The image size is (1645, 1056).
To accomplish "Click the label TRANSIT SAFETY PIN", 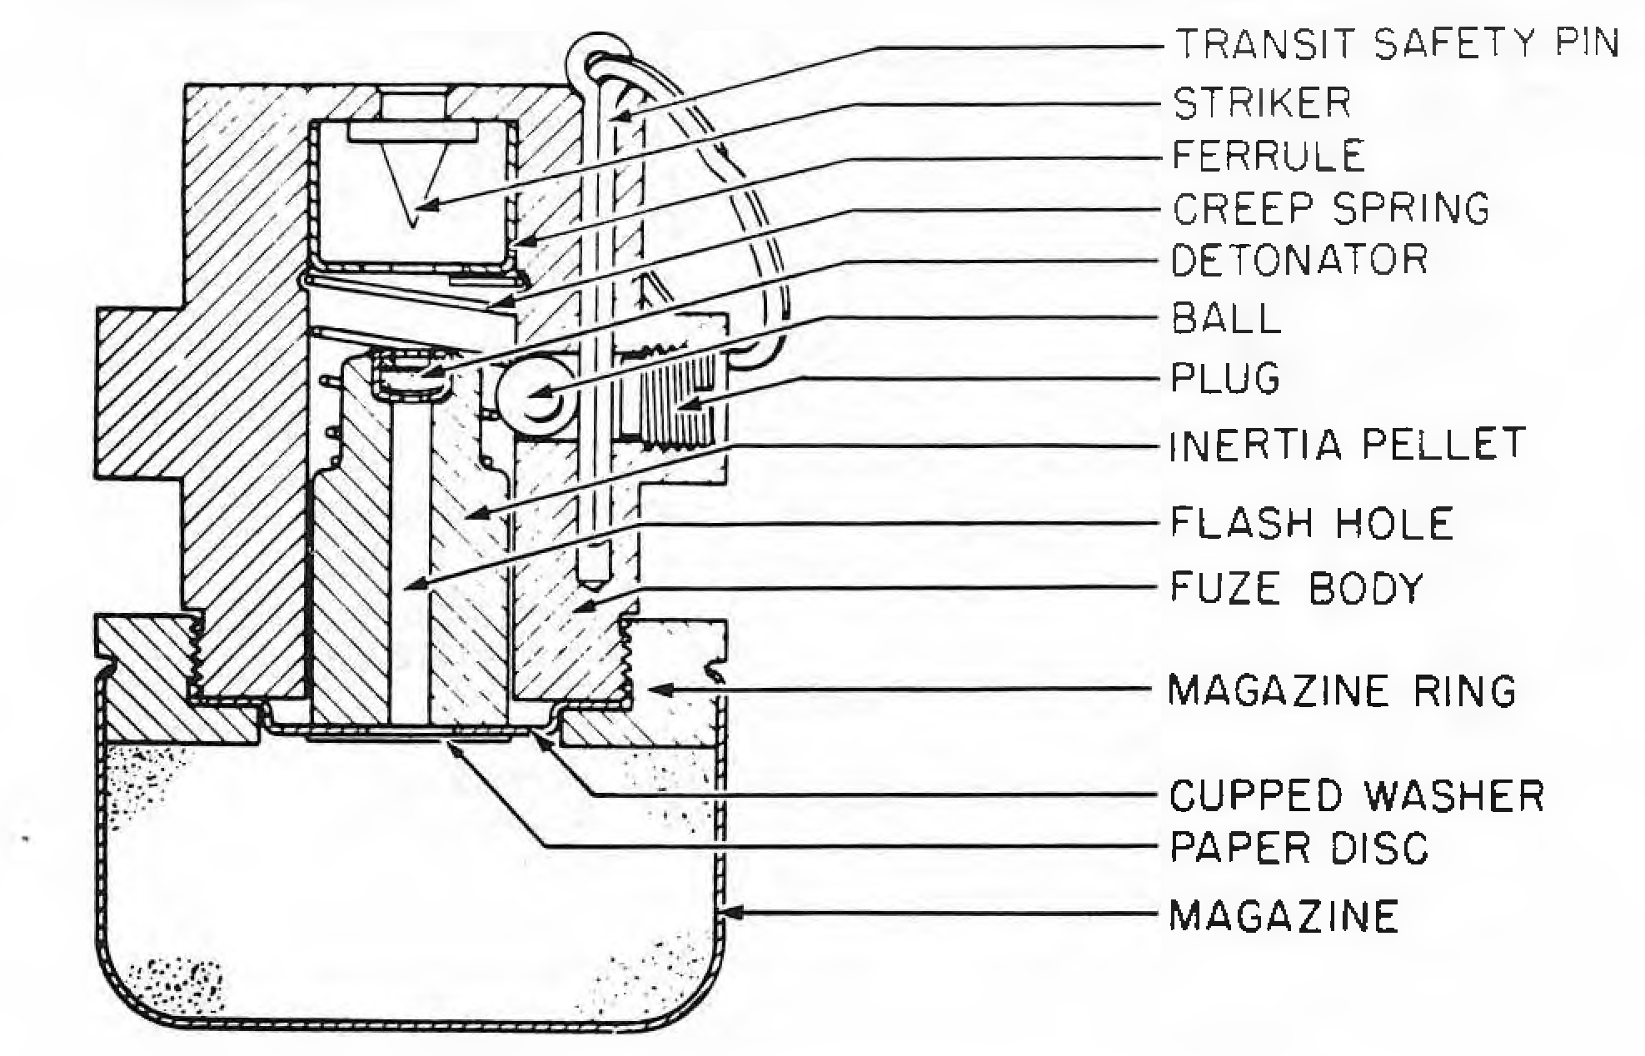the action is click(1397, 43).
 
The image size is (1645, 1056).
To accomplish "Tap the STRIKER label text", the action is click(1262, 103).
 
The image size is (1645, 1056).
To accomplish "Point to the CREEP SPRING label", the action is click(1331, 208).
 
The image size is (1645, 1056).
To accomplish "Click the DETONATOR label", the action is click(1300, 260).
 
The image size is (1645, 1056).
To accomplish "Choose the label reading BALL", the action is click(1226, 318).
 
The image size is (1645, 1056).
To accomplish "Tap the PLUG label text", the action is click(1225, 378).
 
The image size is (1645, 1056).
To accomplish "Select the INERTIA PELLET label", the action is click(1348, 444).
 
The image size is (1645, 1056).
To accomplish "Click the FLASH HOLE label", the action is click(1312, 523).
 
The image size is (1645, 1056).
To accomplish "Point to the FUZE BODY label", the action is click(1297, 588).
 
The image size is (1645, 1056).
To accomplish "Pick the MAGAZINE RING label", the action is click(1342, 690).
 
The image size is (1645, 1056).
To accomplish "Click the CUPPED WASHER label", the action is click(1357, 795).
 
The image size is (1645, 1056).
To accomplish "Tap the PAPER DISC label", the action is click(1299, 848).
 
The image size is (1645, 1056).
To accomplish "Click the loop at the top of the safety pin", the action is click(593, 52).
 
